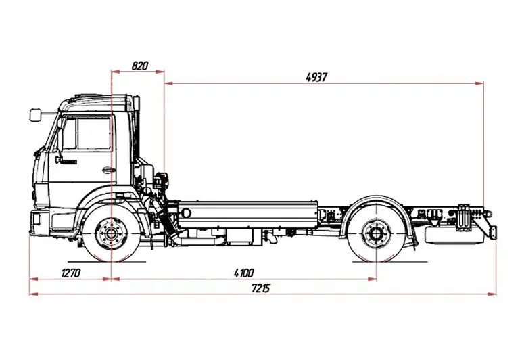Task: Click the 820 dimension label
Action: (139, 66)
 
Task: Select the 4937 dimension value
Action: (316, 76)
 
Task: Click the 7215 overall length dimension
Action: (261, 289)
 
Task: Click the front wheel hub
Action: (110, 235)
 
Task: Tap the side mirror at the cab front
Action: (35, 115)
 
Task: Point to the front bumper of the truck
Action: (39, 221)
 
